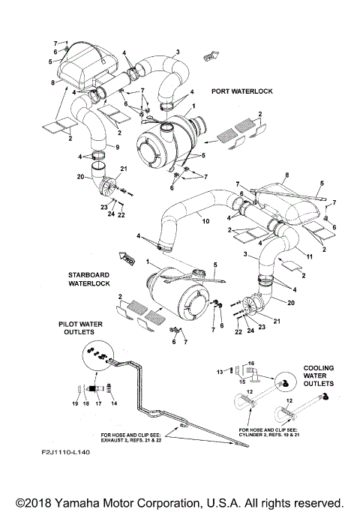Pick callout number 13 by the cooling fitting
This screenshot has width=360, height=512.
pos(220,370)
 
